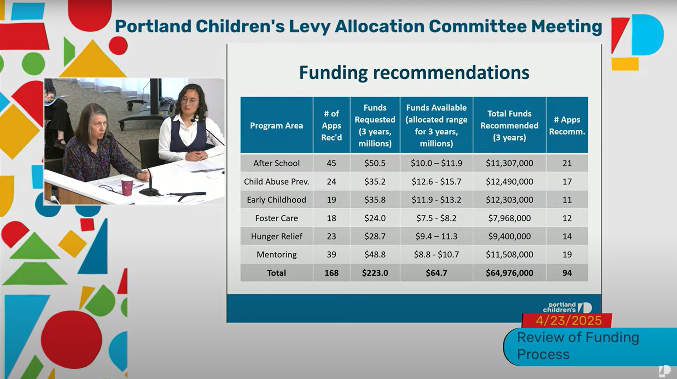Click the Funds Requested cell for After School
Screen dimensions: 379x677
[x=375, y=163]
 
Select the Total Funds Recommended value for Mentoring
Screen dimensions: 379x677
[x=509, y=255]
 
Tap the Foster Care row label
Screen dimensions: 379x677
[x=276, y=218]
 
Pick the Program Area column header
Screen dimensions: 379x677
[x=276, y=126]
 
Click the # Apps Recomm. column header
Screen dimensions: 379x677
[x=567, y=126]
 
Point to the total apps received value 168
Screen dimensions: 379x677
[x=331, y=273]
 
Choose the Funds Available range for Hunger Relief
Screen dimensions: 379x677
[x=436, y=236]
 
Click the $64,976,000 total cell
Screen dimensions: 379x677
[x=509, y=273]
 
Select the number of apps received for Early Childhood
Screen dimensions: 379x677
[x=331, y=200]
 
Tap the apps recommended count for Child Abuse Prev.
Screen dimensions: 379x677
[x=567, y=182]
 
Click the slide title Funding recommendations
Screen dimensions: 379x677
[x=414, y=72]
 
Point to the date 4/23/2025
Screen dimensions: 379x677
[x=568, y=321]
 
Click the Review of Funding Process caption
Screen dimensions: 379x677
[x=578, y=346]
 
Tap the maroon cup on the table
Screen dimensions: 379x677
[x=127, y=186]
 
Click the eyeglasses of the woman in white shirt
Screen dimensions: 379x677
[x=189, y=101]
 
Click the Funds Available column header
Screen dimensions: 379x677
[x=436, y=126]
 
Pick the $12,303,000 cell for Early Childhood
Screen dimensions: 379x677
[x=509, y=200]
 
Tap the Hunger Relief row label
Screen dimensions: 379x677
[x=276, y=236]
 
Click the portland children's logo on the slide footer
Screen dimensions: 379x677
[x=567, y=307]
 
